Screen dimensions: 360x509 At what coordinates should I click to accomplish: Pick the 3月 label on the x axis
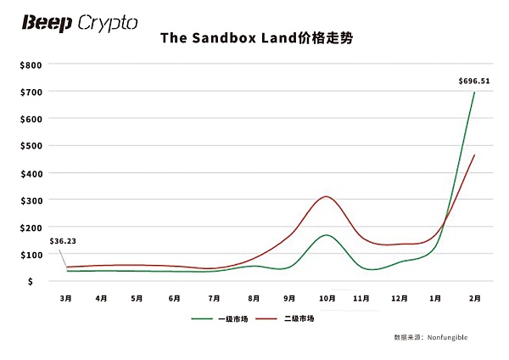pos(65,298)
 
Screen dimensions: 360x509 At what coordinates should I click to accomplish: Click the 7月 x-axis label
pos(215,298)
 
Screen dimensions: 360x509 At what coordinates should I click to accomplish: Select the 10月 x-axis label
pos(327,298)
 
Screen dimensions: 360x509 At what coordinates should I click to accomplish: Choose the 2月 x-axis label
pos(475,298)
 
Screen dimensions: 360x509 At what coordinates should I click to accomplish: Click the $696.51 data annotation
pos(474,82)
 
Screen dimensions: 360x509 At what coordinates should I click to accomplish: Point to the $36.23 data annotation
pos(63,242)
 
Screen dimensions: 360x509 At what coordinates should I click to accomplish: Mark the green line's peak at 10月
pos(326,235)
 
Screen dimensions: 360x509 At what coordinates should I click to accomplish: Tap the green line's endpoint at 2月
pos(474,93)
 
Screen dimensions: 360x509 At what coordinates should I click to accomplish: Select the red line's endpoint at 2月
pos(474,155)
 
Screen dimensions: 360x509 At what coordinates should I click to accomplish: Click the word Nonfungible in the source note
pos(448,338)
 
